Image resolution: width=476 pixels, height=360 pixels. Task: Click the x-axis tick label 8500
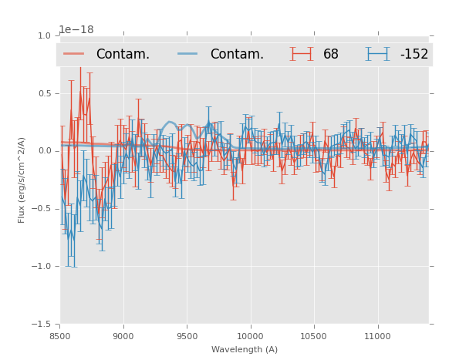(x=60, y=336)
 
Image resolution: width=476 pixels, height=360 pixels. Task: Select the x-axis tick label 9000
(x=123, y=336)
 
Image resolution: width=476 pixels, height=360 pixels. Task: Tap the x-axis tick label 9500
(x=187, y=336)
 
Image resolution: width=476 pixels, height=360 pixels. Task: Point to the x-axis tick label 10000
(x=250, y=336)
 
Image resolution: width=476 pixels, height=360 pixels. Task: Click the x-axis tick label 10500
(x=314, y=336)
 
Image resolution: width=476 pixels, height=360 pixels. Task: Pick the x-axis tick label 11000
(x=377, y=336)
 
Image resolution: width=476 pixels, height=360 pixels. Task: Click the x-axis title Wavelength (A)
(x=245, y=349)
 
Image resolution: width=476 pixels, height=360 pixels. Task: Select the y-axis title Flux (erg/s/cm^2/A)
(x=22, y=180)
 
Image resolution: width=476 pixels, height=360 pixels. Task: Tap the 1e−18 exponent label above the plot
(x=76, y=29)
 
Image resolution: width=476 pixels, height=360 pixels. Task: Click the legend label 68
(x=331, y=54)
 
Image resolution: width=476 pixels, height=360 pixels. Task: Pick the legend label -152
(x=414, y=54)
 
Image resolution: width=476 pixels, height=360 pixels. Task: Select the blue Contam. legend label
(x=237, y=54)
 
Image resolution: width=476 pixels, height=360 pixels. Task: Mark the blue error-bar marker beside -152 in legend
(x=377, y=54)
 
